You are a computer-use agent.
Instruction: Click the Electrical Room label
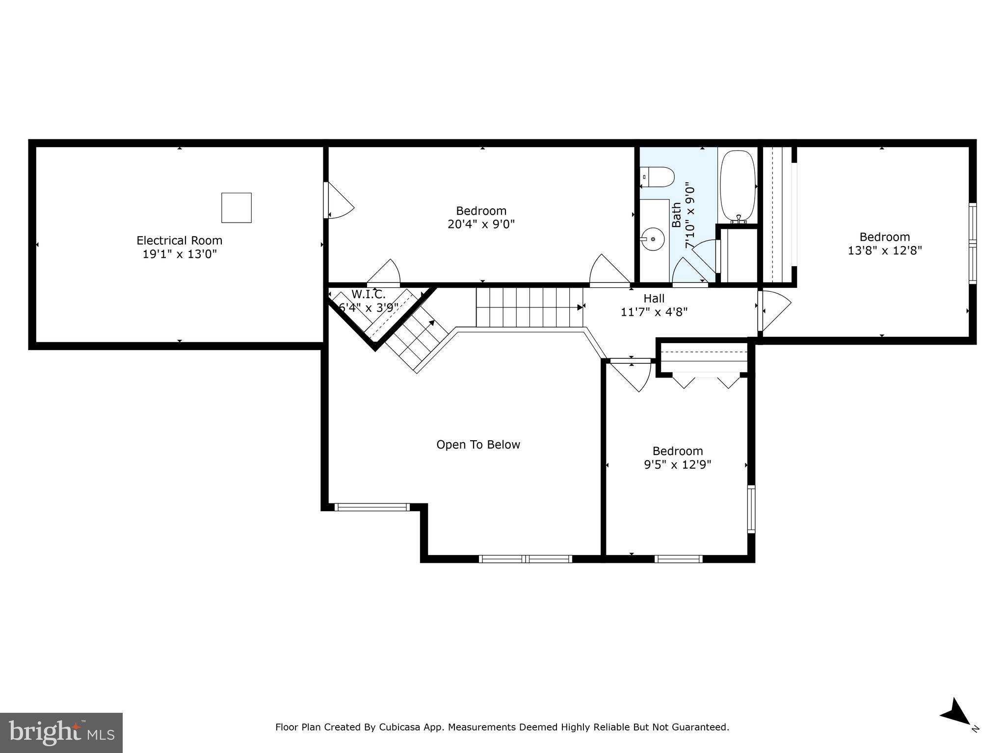click(179, 241)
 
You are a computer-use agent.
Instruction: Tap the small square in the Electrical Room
click(236, 208)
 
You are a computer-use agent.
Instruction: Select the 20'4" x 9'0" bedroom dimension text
click(481, 225)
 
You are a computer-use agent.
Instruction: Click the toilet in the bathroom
click(658, 177)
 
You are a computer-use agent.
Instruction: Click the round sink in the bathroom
click(652, 239)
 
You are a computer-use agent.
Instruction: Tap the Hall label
click(654, 299)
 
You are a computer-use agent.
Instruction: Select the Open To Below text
click(478, 445)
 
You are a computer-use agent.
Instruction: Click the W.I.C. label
click(368, 295)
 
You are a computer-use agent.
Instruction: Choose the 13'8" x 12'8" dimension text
click(884, 251)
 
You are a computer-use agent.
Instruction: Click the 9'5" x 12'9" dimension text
click(677, 464)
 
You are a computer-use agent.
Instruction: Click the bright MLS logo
click(61, 733)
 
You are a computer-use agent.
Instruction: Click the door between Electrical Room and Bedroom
click(339, 201)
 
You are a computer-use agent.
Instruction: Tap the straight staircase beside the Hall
click(529, 307)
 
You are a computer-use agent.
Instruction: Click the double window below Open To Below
click(525, 559)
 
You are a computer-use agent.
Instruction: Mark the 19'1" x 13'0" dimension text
click(179, 254)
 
